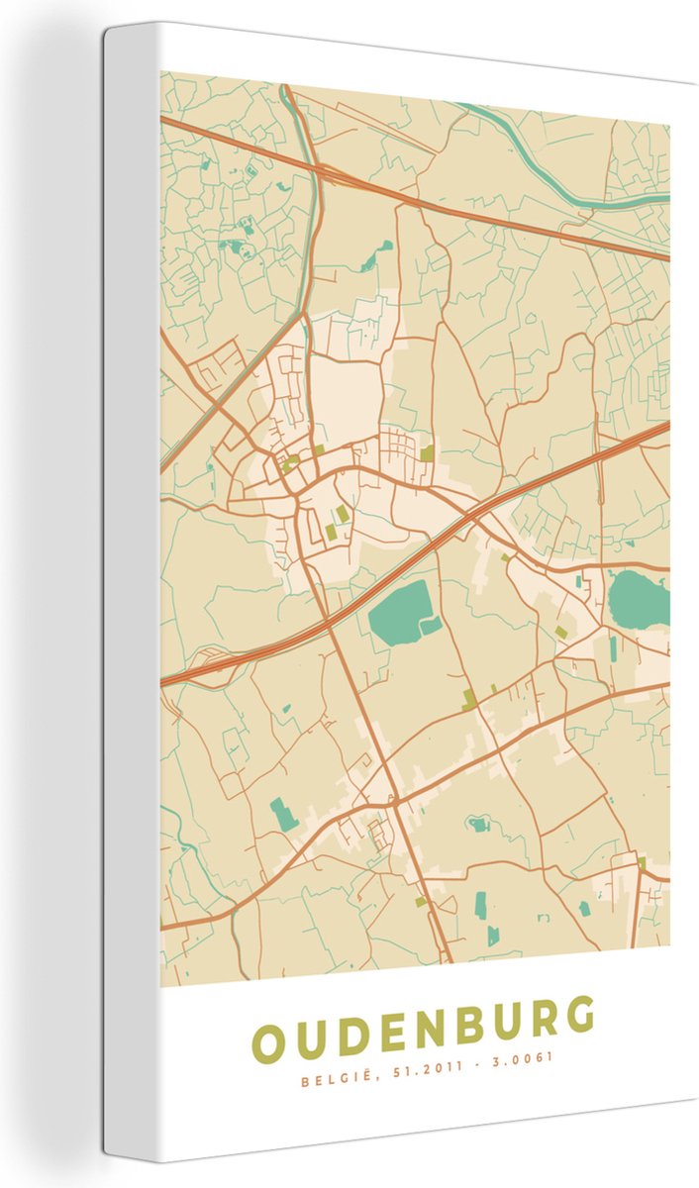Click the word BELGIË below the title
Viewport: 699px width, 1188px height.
click(331, 1081)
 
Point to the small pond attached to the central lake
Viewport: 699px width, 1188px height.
click(432, 625)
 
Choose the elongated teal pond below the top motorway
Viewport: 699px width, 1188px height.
click(372, 259)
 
